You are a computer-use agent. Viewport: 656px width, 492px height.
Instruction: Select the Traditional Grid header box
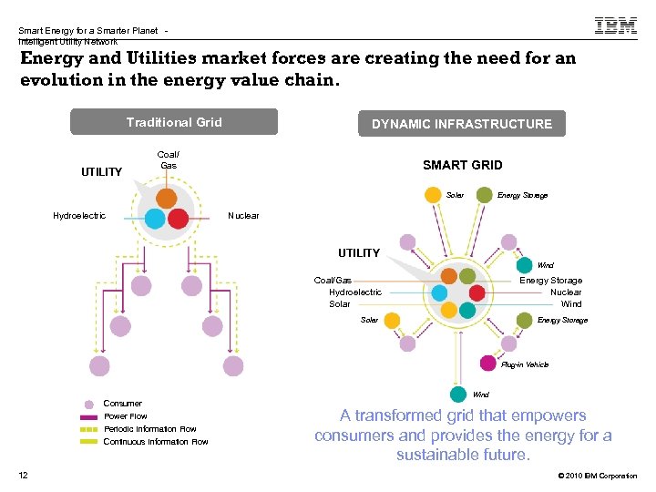(174, 122)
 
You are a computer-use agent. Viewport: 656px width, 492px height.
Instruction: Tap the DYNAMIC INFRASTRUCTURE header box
(462, 124)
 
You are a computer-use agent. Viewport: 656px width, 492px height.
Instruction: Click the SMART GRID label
(462, 165)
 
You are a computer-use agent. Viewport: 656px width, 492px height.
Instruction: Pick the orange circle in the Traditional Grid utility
(167, 198)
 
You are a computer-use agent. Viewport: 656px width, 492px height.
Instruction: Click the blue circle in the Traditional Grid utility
(155, 218)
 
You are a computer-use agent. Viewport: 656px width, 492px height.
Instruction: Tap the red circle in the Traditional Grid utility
(178, 218)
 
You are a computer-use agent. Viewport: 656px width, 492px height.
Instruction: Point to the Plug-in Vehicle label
(525, 364)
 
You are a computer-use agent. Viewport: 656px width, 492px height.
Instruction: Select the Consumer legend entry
(122, 404)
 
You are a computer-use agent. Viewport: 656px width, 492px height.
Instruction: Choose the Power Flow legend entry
(125, 416)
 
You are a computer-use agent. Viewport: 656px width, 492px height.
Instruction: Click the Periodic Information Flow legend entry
(149, 429)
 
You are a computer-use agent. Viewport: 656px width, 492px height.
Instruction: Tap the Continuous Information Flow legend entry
(155, 442)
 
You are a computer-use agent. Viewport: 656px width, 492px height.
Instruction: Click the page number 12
(23, 475)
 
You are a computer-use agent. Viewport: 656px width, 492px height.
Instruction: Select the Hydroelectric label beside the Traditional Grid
(79, 216)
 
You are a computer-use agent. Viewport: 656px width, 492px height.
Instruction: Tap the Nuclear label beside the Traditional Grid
(243, 216)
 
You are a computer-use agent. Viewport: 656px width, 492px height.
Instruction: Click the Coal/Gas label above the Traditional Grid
(169, 160)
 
